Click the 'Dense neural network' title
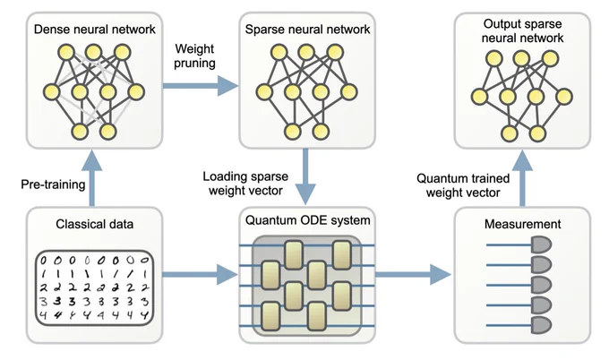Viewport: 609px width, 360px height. coord(94,30)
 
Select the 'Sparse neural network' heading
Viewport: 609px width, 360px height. coord(307,30)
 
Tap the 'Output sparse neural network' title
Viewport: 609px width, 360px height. coord(522,30)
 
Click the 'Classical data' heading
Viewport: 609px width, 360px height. coord(94,224)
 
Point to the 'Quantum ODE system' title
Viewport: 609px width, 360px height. coord(307,220)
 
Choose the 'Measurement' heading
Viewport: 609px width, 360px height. coord(522,224)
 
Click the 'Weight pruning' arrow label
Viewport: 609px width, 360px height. coord(194,56)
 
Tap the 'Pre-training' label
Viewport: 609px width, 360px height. coord(53,184)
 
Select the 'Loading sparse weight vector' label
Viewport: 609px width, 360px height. coord(245,184)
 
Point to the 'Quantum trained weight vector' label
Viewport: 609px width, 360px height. coord(463,185)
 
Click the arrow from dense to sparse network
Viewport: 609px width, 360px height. coord(200,85)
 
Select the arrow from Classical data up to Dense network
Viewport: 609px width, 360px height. coord(92,178)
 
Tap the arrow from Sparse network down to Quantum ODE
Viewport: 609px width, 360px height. coord(305,176)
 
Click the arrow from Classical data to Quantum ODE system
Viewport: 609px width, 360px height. coord(200,275)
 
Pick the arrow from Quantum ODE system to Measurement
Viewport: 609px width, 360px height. coord(413,275)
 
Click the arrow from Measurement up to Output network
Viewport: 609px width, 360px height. coord(522,178)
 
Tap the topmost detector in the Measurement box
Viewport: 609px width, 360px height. coord(541,245)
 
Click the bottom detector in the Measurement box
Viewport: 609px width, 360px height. coord(541,325)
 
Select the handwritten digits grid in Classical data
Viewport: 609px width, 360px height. coord(94,287)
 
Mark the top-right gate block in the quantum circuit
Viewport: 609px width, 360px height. coord(342,254)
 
